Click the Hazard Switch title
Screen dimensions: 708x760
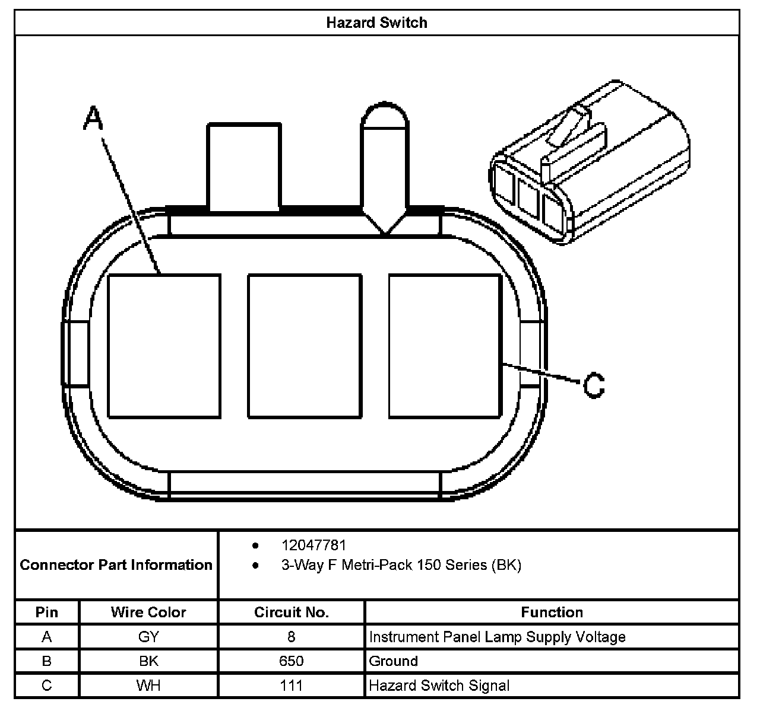376,23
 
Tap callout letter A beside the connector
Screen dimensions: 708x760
93,118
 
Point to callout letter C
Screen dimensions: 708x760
593,385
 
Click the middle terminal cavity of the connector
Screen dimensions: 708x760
305,346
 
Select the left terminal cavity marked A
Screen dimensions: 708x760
164,346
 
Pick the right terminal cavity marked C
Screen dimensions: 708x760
444,346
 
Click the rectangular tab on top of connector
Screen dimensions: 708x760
243,167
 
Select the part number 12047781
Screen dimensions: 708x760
313,545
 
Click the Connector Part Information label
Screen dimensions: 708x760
116,565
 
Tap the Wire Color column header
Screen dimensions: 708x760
148,613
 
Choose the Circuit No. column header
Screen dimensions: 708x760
291,613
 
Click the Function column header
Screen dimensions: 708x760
552,613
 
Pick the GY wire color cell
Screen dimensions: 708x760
148,637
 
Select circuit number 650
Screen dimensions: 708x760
291,661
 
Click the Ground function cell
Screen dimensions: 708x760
394,661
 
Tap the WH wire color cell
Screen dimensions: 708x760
148,686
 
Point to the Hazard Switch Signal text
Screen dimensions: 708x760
439,686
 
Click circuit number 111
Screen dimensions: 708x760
291,686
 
